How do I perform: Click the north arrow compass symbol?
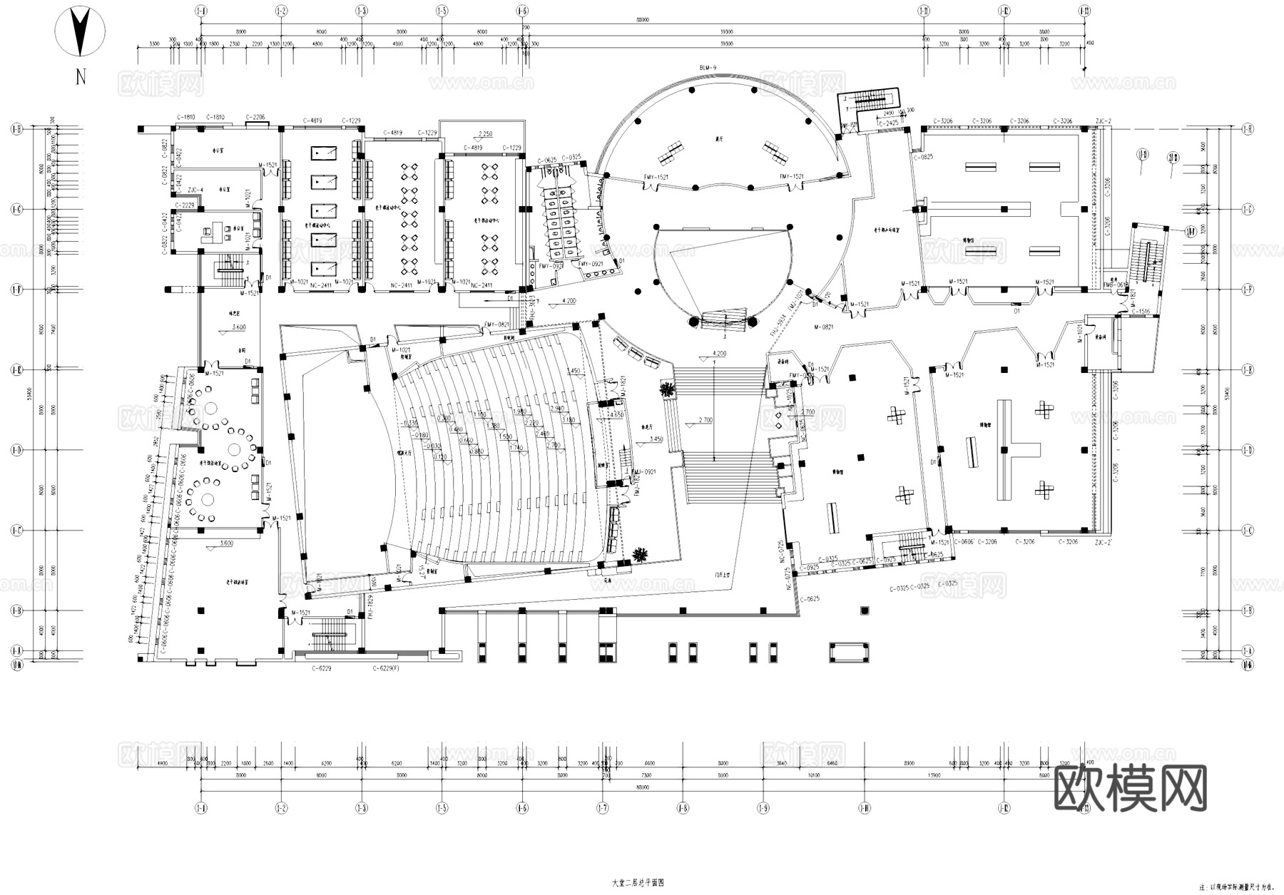point(81,31)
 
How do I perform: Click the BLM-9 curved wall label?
point(708,67)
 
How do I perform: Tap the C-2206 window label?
point(256,117)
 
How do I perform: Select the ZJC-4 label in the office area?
point(195,190)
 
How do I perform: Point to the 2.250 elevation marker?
point(485,134)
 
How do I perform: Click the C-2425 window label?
point(888,123)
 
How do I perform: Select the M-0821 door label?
point(823,327)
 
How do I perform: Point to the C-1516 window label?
point(1141,312)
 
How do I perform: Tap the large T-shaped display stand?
point(1013,449)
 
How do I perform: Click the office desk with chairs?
point(213,232)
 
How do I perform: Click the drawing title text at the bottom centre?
point(638,882)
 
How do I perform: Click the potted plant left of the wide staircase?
point(668,389)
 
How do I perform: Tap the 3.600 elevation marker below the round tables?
point(225,543)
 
